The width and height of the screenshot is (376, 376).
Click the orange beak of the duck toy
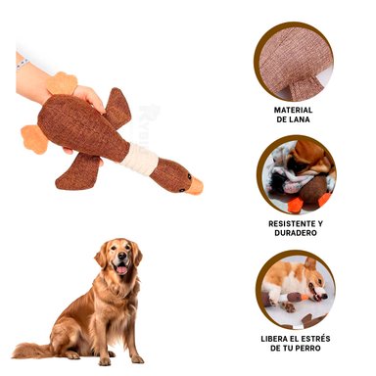(195, 185)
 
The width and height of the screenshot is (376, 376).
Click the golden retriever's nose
(120, 258)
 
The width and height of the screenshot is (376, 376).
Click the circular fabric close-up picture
(296, 61)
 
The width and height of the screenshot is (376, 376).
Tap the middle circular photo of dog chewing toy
(296, 174)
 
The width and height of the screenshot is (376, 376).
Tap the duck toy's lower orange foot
(34, 139)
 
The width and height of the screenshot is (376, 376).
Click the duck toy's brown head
(173, 175)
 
